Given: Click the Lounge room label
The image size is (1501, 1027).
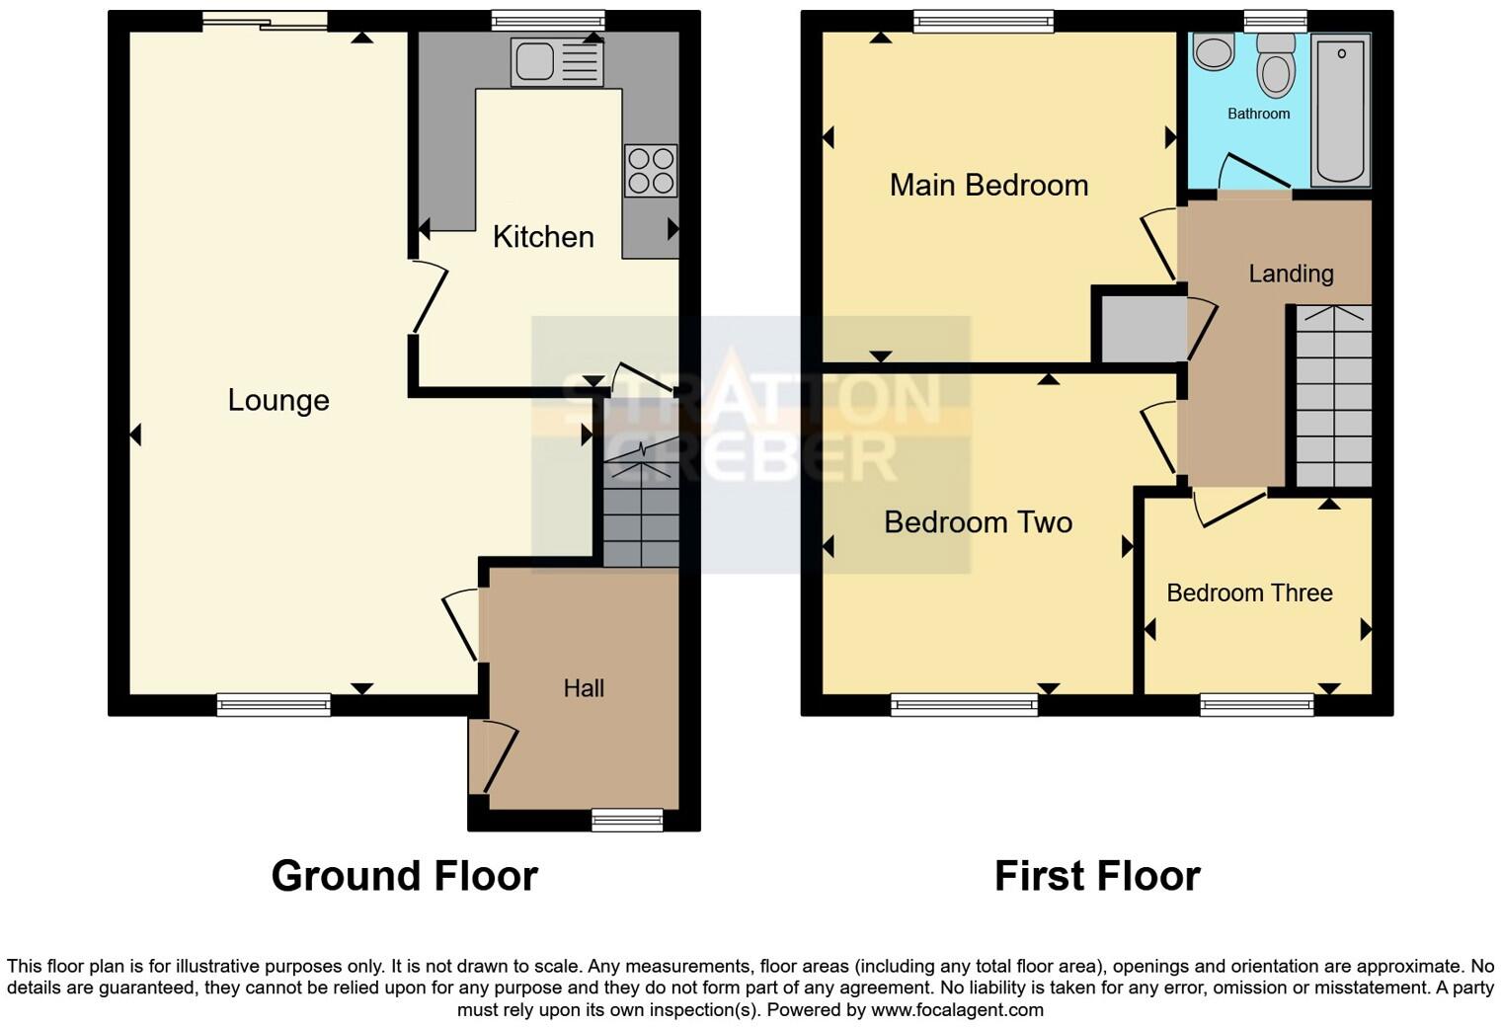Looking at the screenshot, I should pos(278,400).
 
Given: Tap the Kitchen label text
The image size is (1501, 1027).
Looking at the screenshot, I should pos(543,237).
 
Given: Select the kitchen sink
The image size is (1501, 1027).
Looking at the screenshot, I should pos(556,61).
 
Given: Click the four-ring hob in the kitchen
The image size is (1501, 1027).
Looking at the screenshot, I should pos(651,170).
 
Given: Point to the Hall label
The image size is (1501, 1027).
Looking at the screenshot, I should pos(584,688).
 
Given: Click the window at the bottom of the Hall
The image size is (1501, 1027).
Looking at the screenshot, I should pos(627,820).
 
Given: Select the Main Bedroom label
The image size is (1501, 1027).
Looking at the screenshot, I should pos(988,185).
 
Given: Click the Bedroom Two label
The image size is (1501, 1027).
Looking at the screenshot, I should pos(978,521).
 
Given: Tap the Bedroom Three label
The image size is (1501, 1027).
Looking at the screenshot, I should pos(1249,592).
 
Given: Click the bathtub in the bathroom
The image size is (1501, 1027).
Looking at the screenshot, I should pos(1340,109).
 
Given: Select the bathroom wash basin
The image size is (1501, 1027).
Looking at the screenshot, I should pos(1213,51).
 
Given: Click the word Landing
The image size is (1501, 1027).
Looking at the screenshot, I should pos(1291,274).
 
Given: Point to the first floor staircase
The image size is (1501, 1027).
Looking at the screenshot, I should pos(1333,395).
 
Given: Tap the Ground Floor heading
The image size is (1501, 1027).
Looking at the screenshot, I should pos(404,876).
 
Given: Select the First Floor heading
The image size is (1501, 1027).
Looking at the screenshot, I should pos(1097,876).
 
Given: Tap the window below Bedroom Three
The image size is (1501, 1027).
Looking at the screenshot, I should pos(1257,704).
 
